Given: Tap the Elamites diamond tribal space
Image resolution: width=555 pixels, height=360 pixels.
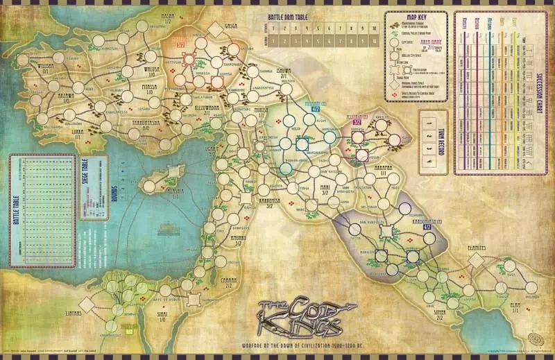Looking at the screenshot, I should click(476, 260).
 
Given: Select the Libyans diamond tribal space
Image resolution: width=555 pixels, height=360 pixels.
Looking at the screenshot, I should click(87, 303).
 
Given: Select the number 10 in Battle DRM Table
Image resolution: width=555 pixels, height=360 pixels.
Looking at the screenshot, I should click(375, 28).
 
